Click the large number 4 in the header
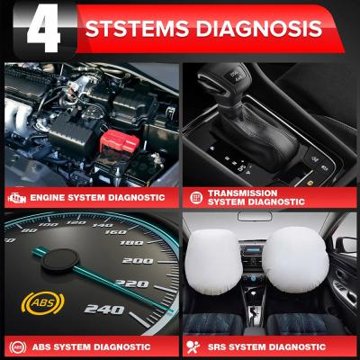(x=41, y=29)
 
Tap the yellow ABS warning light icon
(x=40, y=301)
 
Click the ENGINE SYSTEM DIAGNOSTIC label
(x=97, y=197)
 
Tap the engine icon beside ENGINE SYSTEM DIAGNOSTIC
(x=16, y=197)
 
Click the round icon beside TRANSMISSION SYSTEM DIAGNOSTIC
(x=195, y=196)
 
